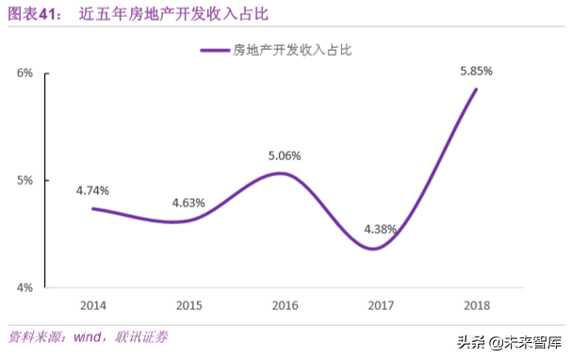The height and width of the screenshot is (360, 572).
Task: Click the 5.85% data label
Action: tap(476, 70)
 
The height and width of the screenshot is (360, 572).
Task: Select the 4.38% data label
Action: tap(379, 228)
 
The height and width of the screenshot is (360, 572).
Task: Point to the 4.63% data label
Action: tap(188, 202)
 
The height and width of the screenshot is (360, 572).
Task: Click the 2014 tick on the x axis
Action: tap(92, 305)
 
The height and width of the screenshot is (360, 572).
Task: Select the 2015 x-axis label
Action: tap(188, 305)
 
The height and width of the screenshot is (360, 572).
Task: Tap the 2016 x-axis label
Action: tap(285, 305)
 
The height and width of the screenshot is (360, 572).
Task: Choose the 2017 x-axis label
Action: tap(380, 305)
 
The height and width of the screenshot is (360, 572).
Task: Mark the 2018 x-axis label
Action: tap(476, 305)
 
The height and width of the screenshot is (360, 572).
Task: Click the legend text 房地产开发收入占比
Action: tap(292, 50)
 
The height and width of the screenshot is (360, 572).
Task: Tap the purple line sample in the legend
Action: tap(215, 50)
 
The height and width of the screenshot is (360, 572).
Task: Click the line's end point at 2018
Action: tap(476, 90)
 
